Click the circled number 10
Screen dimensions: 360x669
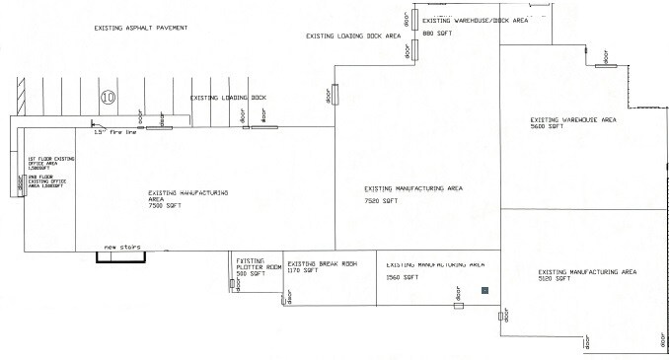click(109, 97)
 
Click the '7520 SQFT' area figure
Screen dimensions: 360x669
click(381, 200)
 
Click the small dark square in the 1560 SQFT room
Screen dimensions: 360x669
click(484, 291)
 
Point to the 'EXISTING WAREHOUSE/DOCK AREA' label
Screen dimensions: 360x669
click(476, 20)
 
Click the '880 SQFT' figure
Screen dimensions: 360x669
click(438, 34)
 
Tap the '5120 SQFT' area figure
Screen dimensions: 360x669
click(555, 280)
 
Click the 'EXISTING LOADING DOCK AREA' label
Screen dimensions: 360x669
click(354, 35)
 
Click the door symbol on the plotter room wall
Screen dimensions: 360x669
click(233, 284)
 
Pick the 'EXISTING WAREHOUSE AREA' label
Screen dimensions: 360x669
click(573, 118)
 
